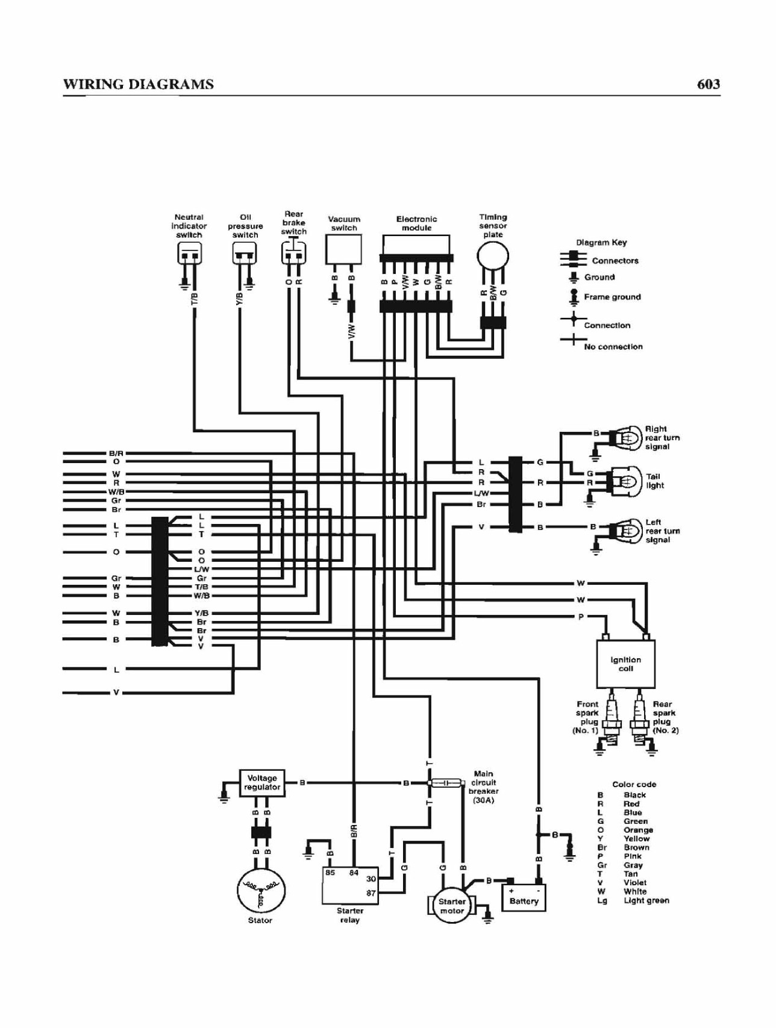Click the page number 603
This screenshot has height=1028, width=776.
point(709,84)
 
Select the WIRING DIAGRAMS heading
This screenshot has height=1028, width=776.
point(139,84)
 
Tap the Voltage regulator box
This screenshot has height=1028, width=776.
point(262,783)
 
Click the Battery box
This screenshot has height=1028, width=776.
point(524,897)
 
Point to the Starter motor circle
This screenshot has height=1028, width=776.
point(451,906)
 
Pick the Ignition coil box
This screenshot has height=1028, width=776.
point(625,664)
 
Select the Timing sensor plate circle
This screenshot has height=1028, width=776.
point(493,257)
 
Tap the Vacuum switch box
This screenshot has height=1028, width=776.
point(344,249)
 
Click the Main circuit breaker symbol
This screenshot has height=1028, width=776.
point(446,783)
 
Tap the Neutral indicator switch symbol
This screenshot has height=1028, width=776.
point(189,253)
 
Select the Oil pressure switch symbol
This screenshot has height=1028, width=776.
point(245,253)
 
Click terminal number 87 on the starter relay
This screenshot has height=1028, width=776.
point(371,892)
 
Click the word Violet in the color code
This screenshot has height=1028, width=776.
point(635,882)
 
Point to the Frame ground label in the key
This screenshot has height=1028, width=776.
point(612,297)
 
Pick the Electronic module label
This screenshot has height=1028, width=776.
point(416,223)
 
